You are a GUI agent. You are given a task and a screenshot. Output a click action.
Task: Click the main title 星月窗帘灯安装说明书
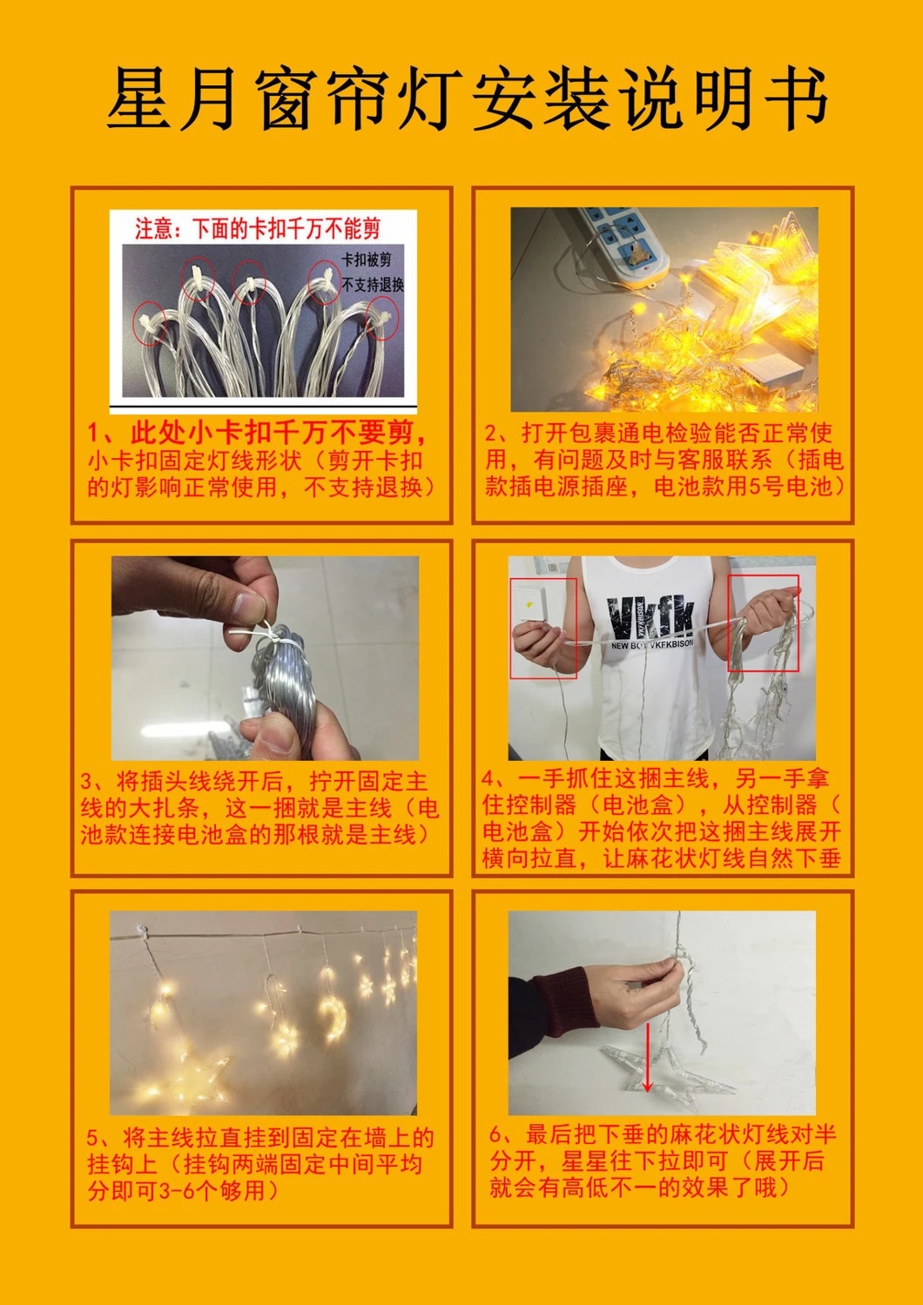tap(466, 99)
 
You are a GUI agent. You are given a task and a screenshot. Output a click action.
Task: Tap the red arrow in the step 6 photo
tap(647, 1063)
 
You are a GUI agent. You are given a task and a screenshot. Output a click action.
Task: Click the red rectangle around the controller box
tap(543, 628)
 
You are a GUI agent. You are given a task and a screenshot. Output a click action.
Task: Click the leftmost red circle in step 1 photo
tap(150, 325)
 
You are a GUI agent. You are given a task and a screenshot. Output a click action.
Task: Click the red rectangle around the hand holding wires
tap(763, 622)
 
